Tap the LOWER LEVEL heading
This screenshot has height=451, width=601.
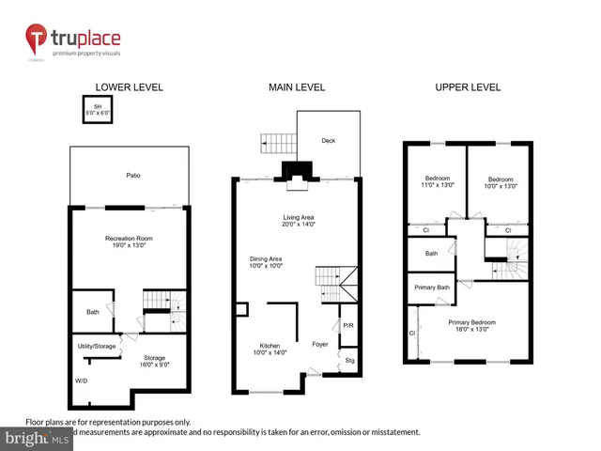tap(130, 87)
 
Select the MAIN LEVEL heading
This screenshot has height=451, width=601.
tap(296, 87)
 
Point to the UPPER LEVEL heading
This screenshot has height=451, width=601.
tap(467, 87)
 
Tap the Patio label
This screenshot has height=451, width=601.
tap(134, 176)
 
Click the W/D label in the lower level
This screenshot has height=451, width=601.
tap(82, 381)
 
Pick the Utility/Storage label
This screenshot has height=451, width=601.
tap(96, 347)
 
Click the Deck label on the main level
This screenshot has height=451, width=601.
tap(328, 141)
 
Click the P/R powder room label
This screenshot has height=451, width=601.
tap(347, 325)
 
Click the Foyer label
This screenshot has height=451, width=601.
tap(320, 344)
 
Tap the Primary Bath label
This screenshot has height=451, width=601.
tap(430, 287)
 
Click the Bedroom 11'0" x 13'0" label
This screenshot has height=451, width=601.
tap(438, 181)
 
